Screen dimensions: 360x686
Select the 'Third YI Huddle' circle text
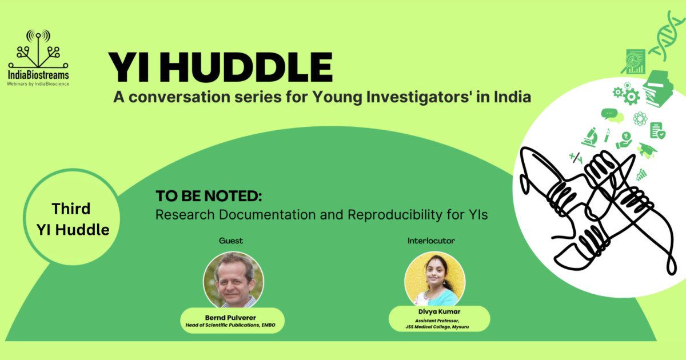[x=72, y=219]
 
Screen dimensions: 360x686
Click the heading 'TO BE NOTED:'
[x=209, y=196]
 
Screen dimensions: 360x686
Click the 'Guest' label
[x=231, y=241]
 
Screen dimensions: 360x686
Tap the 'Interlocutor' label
[x=431, y=241]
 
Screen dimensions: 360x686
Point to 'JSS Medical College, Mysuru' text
[x=439, y=327]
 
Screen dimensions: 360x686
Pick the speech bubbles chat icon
[x=611, y=115]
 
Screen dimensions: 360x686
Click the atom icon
[x=640, y=118]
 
